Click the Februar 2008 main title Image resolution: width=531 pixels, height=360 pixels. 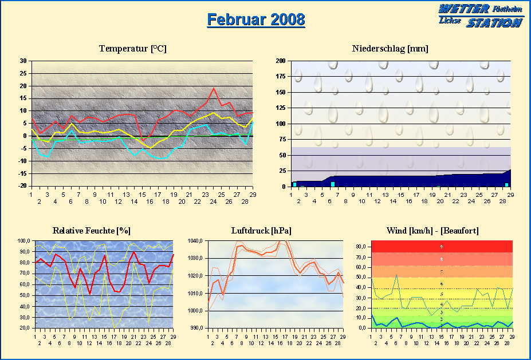click(x=255, y=19)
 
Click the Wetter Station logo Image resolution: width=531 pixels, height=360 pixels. click(x=481, y=15)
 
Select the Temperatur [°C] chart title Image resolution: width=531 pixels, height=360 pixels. click(x=132, y=49)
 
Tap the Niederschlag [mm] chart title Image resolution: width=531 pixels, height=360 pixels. click(x=390, y=49)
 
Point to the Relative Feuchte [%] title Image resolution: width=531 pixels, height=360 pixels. click(x=92, y=231)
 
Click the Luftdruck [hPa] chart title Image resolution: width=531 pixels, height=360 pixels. click(x=261, y=231)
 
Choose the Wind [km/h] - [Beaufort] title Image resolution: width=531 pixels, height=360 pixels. click(x=432, y=231)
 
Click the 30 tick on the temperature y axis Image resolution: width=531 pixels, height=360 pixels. click(x=23, y=61)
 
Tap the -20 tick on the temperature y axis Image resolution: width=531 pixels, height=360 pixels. click(x=22, y=186)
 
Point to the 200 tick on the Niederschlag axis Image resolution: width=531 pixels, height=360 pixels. click(x=280, y=61)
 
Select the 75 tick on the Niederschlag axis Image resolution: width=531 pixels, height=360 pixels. click(x=282, y=139)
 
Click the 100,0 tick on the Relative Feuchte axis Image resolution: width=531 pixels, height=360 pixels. click(x=25, y=241)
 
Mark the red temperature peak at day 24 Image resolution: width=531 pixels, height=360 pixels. click(x=214, y=88)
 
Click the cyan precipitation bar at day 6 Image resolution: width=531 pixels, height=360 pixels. click(x=332, y=184)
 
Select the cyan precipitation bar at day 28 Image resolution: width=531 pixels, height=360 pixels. click(x=506, y=184)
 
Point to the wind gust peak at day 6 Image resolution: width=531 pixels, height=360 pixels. click(x=396, y=275)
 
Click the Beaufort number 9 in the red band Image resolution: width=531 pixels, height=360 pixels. click(x=441, y=246)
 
